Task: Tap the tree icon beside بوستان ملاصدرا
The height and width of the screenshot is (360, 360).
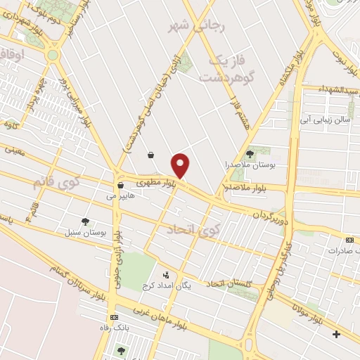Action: point(250,153)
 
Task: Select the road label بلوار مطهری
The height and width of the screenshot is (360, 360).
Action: point(154,182)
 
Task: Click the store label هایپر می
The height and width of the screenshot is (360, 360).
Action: point(120,197)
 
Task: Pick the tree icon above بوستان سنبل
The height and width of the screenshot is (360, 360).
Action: point(85,221)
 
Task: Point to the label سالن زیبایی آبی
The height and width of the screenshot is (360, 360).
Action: point(324,120)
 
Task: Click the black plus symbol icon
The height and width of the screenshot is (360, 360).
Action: point(336,333)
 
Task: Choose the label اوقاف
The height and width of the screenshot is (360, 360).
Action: point(14,53)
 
